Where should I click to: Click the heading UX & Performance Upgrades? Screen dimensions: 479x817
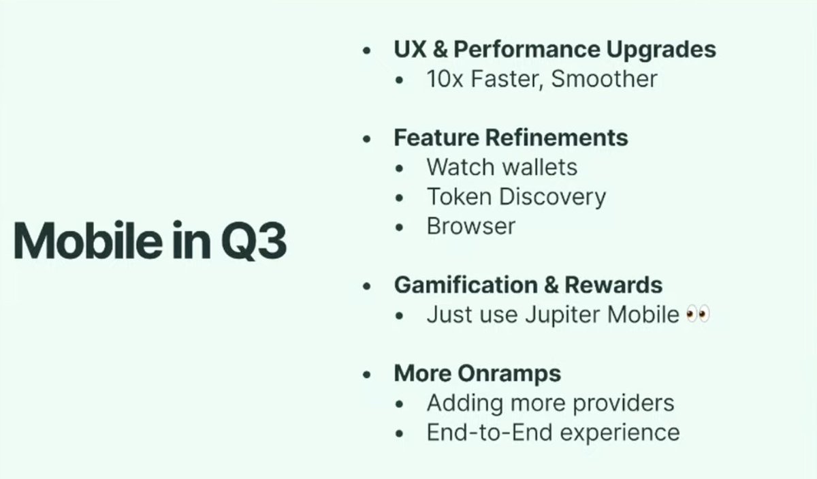(x=554, y=50)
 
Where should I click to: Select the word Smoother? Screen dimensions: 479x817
(x=604, y=79)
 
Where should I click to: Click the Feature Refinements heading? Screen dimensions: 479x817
(x=511, y=138)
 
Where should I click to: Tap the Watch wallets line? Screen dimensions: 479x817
(x=502, y=167)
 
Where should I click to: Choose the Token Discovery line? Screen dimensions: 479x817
(x=516, y=197)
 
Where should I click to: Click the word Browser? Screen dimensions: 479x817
(x=470, y=226)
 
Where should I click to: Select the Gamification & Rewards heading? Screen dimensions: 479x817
(x=528, y=285)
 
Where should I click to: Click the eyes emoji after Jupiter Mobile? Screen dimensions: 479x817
(x=699, y=315)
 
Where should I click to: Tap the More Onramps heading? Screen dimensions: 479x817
(x=477, y=373)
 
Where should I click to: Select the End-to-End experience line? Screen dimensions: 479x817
(x=553, y=432)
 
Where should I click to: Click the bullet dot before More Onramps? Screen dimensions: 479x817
(x=368, y=375)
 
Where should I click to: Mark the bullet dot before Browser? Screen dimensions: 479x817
(x=400, y=227)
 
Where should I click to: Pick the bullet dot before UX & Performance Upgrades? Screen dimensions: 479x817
(x=368, y=51)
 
